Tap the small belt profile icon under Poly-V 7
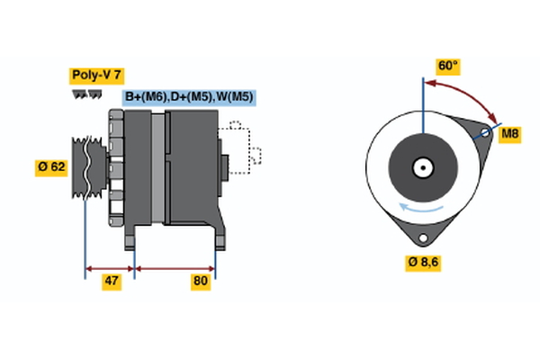85,94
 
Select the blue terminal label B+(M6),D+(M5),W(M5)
188,97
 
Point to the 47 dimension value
112,282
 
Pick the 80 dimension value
201,282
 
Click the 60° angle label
447,66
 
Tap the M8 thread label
509,134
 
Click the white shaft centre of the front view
422,167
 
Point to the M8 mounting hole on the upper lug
485,134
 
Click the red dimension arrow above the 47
109,267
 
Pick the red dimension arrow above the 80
175,267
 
